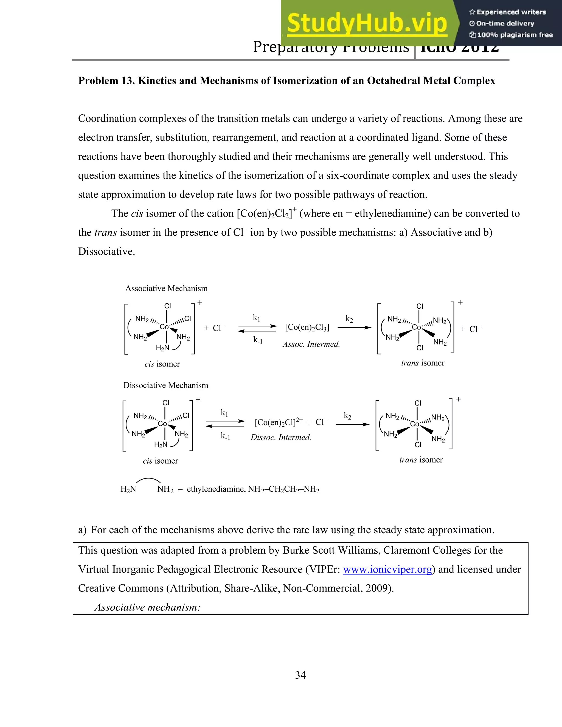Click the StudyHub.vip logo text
[x=367, y=23]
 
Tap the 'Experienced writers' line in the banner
[x=508, y=12]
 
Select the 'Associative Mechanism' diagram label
[x=166, y=289]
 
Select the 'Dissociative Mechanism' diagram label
[x=165, y=385]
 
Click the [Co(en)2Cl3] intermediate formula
[x=307, y=328]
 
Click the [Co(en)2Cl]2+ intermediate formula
[x=279, y=422]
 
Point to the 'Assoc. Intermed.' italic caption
[x=311, y=344]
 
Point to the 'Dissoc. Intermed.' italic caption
[x=281, y=437]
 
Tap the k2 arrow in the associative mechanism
[x=354, y=328]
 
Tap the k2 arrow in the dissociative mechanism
[x=353, y=424]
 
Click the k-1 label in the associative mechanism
[x=258, y=340]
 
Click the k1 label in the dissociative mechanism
[x=224, y=413]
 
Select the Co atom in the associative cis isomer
[x=164, y=327]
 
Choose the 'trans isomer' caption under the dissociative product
[x=421, y=460]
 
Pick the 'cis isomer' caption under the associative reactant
[x=162, y=364]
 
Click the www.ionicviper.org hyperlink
[x=387, y=570]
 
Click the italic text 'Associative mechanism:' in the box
[x=147, y=607]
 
